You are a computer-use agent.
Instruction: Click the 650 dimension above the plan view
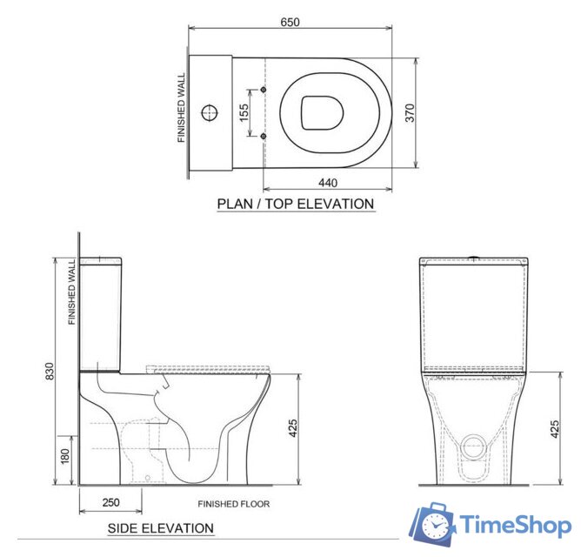pos(290,23)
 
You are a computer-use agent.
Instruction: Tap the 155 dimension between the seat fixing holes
pos(245,112)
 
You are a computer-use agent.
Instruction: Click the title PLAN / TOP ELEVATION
pos(295,205)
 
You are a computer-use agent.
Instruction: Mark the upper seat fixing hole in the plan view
pos(263,91)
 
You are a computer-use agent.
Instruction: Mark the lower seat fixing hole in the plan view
pos(263,135)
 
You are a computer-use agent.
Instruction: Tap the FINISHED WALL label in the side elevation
pos(73,292)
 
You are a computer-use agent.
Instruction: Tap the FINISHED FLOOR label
pos(233,504)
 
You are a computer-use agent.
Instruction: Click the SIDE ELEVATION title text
pos(160,528)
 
